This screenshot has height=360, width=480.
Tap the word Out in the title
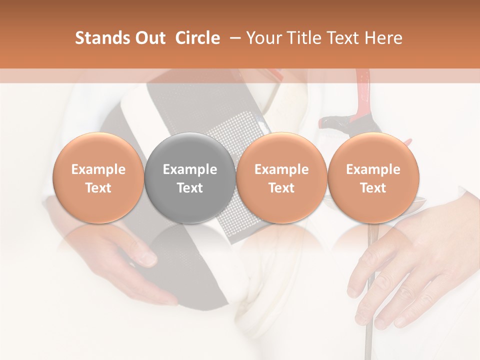coord(149,38)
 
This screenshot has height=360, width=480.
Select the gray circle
coord(190,177)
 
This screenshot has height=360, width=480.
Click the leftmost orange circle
coord(98,177)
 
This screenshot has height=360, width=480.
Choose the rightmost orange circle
coord(373,177)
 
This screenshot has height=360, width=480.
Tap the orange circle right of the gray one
coord(281,177)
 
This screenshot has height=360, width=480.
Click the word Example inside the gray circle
coord(190,169)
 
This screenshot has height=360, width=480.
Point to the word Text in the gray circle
coord(190,188)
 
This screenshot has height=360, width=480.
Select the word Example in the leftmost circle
coord(98,169)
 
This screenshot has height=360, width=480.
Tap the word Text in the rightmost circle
coord(373,188)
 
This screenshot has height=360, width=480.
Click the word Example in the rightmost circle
coord(373,169)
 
